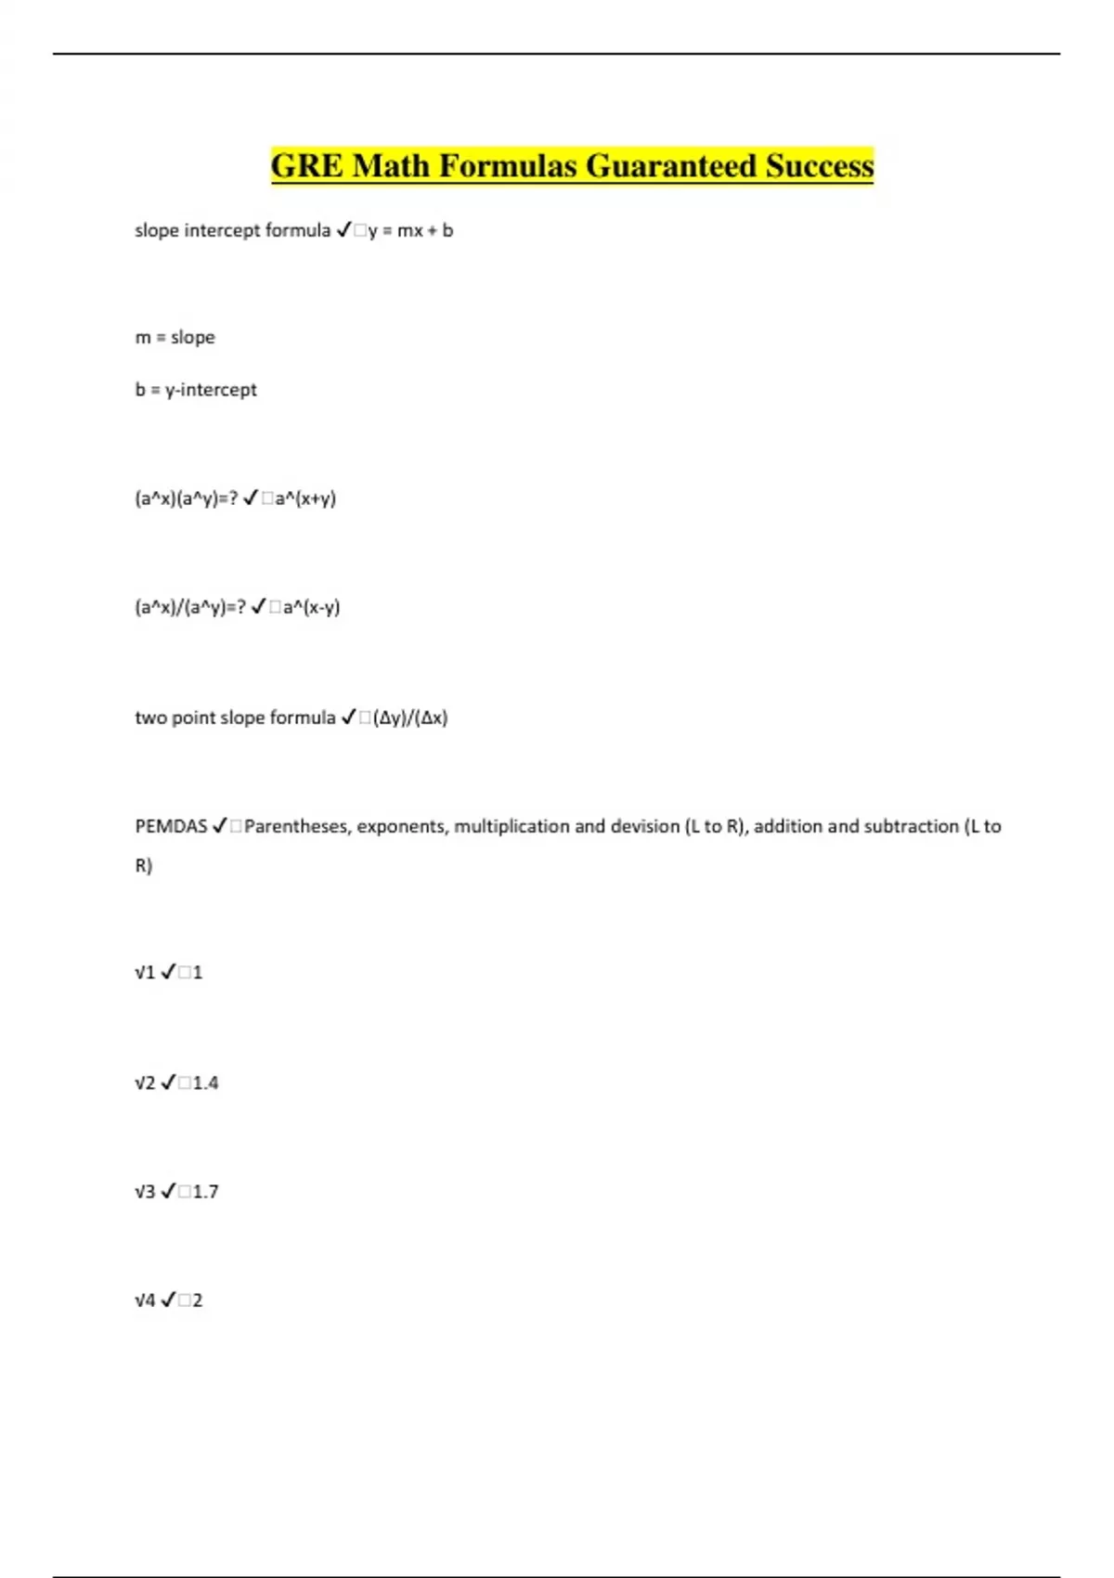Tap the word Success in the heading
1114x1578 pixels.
pos(820,166)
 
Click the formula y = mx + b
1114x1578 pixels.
pos(410,230)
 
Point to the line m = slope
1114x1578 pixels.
pos(175,337)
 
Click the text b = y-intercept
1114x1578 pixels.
pos(196,390)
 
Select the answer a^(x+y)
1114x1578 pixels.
pos(305,498)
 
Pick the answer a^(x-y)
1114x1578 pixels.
pos(311,607)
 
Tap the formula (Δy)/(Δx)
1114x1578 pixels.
pos(410,718)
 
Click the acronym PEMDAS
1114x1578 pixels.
pos(171,826)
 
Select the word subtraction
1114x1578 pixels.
pos(912,826)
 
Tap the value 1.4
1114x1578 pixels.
pos(205,1082)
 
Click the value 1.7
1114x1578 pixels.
pos(205,1191)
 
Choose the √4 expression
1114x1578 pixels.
pos(145,1300)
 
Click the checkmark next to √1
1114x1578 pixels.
pos(168,972)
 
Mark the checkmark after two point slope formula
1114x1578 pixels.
pos(349,718)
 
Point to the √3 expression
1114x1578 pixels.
pos(145,1191)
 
